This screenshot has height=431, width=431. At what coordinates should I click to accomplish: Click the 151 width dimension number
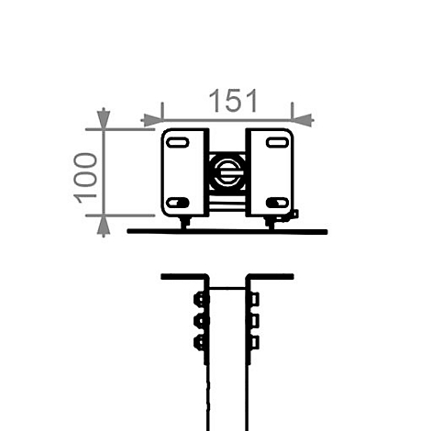coord(231,100)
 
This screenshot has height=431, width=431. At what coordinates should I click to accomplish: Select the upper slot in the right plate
coord(274,141)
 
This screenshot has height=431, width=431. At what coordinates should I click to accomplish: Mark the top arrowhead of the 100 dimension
coord(103,119)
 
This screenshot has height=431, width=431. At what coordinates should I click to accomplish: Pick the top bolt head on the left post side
coord(200,299)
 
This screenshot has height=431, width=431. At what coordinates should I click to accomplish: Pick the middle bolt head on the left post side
coord(200,321)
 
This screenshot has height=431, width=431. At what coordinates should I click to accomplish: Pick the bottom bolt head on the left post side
coord(200,343)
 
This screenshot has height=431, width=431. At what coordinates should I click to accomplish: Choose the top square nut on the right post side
coord(254,299)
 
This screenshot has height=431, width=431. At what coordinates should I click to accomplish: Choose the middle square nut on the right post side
coord(254,321)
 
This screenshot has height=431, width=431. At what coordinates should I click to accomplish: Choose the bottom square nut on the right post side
coord(254,343)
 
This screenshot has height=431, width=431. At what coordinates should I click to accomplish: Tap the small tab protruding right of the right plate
coord(294,215)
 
